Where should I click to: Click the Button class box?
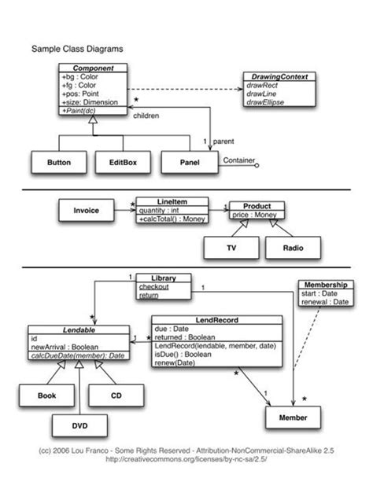tap(59, 163)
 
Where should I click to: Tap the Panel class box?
tap(188, 163)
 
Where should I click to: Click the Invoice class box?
tap(86, 212)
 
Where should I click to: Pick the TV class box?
tap(231, 248)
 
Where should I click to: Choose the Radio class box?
tap(292, 248)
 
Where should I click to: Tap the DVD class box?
tap(80, 425)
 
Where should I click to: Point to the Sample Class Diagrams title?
tap(76, 48)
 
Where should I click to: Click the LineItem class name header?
tap(172, 201)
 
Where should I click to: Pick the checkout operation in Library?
tap(153, 287)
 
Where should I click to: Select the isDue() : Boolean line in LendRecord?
tap(183, 355)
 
